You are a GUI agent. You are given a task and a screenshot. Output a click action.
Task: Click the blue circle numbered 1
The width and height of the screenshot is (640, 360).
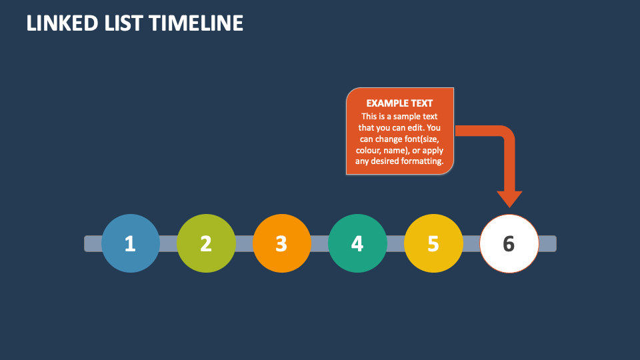(x=131, y=243)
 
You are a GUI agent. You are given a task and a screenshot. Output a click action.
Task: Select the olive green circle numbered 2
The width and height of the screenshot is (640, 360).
(x=206, y=243)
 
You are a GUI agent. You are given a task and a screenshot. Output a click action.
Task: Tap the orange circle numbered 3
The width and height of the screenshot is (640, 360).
(x=282, y=243)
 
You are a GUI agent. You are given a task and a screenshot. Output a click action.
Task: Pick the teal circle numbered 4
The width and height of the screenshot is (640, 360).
(x=357, y=243)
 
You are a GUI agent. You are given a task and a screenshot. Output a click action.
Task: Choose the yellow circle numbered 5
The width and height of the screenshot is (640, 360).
(x=433, y=243)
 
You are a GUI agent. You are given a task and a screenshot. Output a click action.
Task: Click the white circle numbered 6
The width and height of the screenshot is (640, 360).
(x=509, y=244)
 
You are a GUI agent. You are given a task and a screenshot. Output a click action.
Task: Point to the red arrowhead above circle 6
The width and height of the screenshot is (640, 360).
(x=509, y=199)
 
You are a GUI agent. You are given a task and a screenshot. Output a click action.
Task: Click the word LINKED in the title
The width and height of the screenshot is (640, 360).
(x=62, y=23)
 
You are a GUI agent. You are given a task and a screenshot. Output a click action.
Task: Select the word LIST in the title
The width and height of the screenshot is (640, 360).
(x=123, y=23)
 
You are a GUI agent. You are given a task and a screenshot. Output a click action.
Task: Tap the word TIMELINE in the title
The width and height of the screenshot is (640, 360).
(x=196, y=23)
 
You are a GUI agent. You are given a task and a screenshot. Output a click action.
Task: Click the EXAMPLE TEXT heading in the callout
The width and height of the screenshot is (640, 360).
(x=399, y=103)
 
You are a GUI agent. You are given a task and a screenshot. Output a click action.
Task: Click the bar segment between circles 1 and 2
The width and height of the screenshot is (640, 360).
(x=168, y=244)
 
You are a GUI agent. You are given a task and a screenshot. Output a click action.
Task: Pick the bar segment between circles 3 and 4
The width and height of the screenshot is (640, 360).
(x=319, y=244)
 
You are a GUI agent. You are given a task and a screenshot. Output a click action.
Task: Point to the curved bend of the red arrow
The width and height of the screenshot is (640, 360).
(x=506, y=134)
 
